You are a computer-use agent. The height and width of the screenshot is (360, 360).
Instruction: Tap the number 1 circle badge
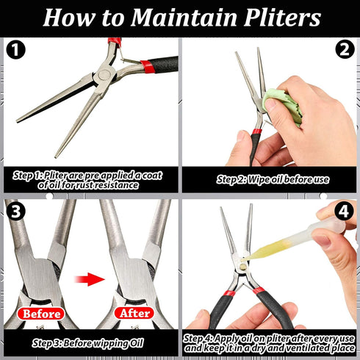(x=15, y=52)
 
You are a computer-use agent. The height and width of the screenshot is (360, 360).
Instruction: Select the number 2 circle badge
(x=343, y=52)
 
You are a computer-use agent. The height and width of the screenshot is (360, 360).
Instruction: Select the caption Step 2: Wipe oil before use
(x=272, y=179)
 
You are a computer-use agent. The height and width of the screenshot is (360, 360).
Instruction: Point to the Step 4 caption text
(x=270, y=342)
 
